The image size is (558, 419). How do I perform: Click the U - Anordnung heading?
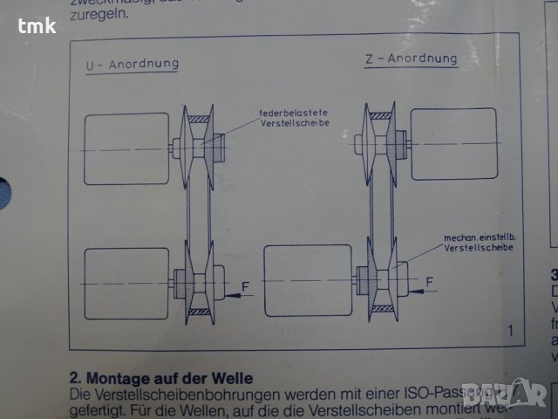click(x=132, y=64)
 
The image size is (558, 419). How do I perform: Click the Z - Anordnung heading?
click(x=411, y=59)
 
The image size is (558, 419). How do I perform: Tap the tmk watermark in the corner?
click(x=37, y=25)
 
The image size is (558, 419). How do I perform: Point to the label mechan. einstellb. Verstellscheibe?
click(x=478, y=243)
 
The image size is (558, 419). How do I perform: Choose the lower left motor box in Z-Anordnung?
click(x=306, y=278)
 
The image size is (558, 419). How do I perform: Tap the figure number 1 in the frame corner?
click(x=510, y=329)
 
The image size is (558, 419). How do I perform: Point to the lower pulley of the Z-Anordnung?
click(x=381, y=278)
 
